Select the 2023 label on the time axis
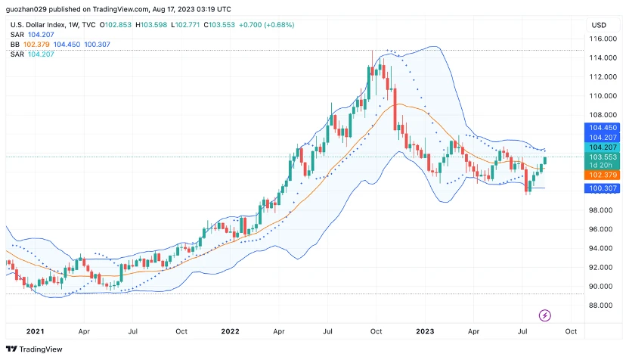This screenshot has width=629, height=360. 425,331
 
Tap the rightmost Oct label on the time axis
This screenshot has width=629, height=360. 571,331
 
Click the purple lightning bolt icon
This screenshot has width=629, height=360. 544,315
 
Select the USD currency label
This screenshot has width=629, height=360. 599,25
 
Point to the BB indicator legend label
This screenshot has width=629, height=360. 15,45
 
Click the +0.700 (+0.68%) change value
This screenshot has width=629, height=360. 265,25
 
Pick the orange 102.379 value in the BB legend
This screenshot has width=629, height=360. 37,45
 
